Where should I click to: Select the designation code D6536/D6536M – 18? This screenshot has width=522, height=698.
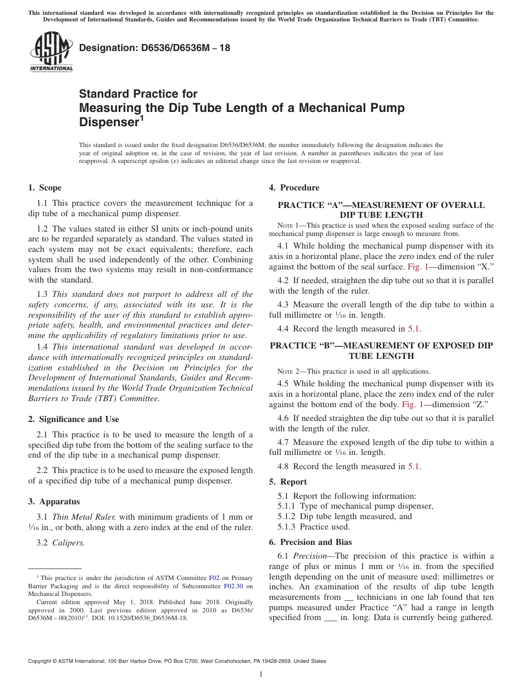[x=154, y=48]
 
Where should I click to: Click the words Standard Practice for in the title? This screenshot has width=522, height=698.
[x=138, y=94]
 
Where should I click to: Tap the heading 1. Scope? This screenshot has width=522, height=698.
[x=45, y=188]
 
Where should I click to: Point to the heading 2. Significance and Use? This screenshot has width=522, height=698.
[x=74, y=419]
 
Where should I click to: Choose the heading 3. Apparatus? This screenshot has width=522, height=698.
[x=54, y=502]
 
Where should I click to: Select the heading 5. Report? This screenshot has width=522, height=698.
[x=288, y=482]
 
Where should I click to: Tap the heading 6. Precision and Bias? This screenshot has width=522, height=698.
[x=310, y=542]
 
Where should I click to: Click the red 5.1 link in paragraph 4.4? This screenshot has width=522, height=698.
[x=414, y=329]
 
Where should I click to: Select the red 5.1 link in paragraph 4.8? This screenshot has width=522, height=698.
[x=414, y=466]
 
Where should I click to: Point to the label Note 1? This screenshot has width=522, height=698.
[x=288, y=226]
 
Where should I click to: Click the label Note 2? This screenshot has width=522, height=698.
[x=288, y=371]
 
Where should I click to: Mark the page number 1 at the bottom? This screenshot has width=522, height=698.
[x=261, y=674]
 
